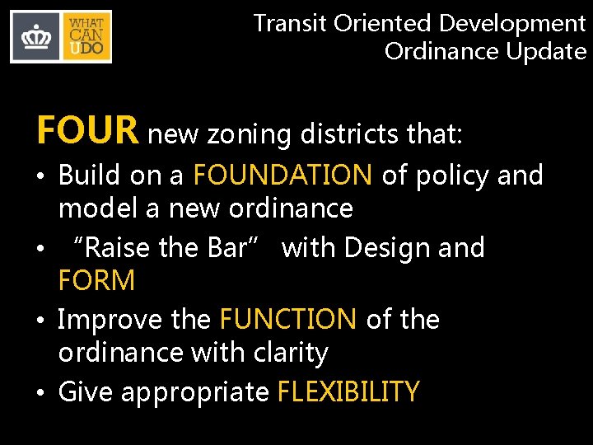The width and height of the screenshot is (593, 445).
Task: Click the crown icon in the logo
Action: [36, 37]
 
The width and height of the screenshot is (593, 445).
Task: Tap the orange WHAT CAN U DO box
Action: [86, 37]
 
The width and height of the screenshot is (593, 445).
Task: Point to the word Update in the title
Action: [546, 51]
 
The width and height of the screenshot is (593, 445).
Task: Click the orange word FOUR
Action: [87, 130]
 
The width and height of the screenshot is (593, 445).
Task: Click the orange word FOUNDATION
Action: [282, 175]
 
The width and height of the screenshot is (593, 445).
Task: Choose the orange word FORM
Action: [96, 281]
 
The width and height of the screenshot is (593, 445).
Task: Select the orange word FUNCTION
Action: [288, 319]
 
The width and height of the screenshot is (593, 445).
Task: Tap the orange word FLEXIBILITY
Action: [348, 391]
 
